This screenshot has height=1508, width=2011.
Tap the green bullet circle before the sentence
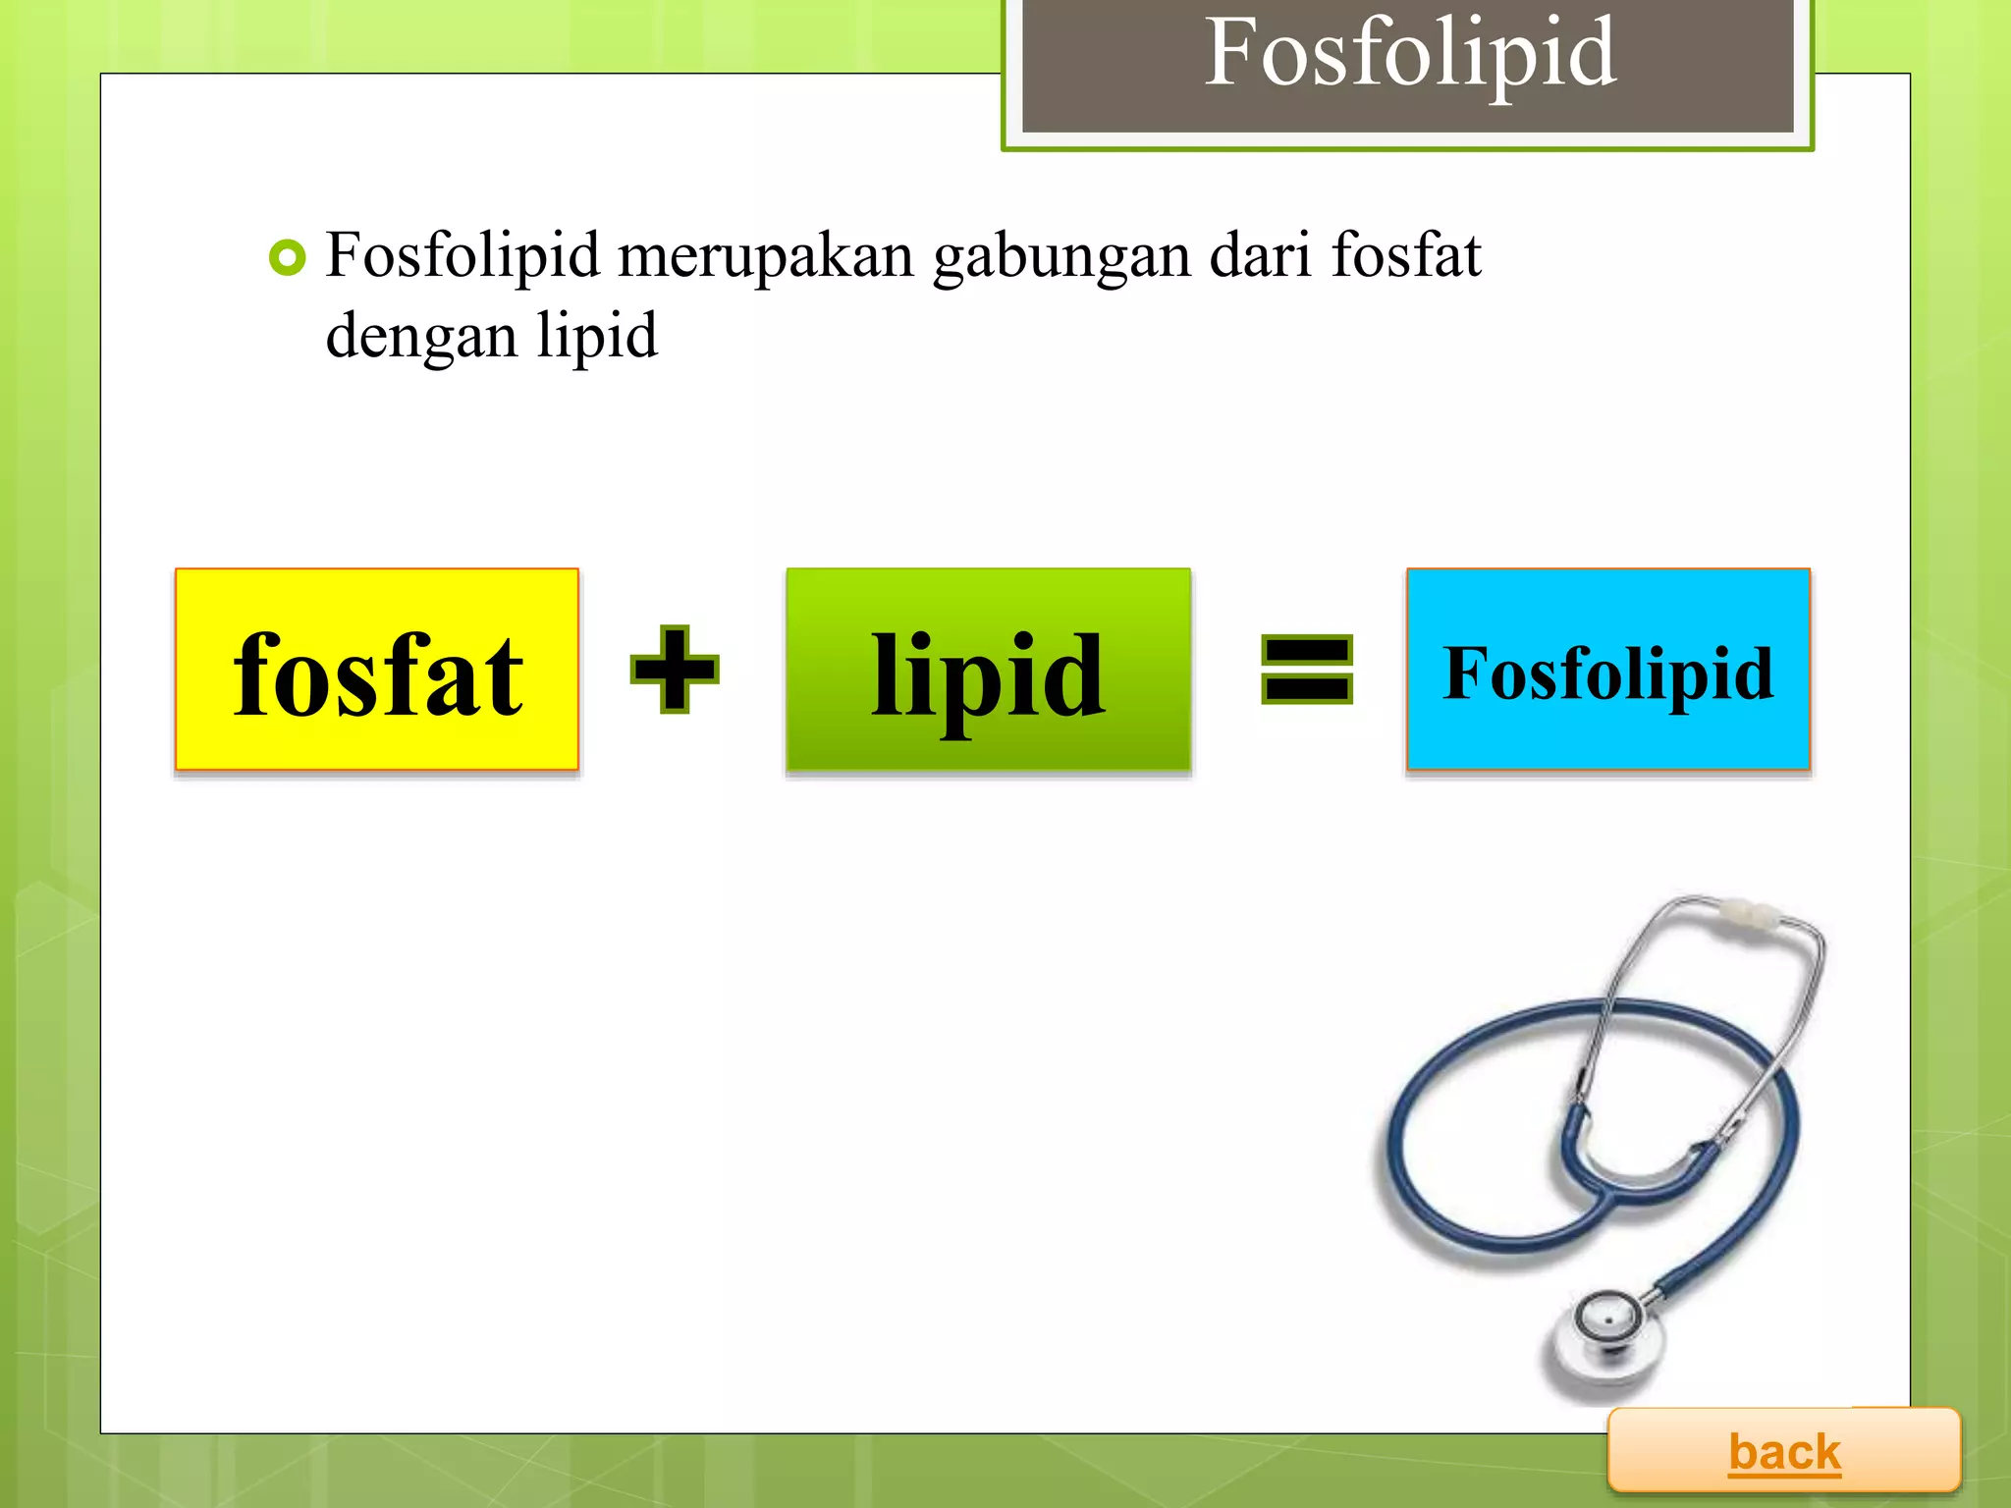click(x=287, y=258)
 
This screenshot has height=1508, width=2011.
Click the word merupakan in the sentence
click(x=766, y=257)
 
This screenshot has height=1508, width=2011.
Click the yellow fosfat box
click(x=377, y=670)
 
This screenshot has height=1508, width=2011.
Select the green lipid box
click(x=988, y=670)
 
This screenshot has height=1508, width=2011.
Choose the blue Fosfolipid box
click(x=1607, y=670)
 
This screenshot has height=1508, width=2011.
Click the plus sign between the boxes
click(x=675, y=670)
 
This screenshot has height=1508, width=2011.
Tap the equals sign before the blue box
click(x=1306, y=670)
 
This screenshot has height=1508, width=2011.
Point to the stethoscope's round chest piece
click(x=1607, y=1325)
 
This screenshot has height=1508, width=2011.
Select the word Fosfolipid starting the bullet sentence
click(x=462, y=257)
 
